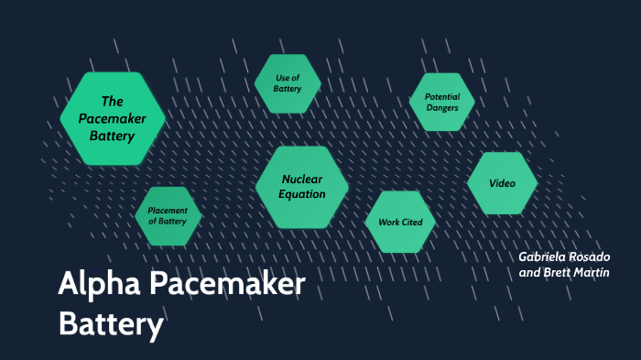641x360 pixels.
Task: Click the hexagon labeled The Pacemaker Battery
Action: (x=113, y=118)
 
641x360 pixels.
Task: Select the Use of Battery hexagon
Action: (x=288, y=83)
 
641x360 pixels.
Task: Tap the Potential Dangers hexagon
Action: (x=441, y=102)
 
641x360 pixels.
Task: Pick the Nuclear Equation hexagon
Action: (x=302, y=186)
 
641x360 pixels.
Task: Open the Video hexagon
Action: (x=502, y=183)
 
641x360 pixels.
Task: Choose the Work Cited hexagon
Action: (x=399, y=222)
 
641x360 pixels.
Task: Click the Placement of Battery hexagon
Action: (x=168, y=215)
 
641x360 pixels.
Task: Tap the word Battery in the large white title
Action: (x=111, y=325)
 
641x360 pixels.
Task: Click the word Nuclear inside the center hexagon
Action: (x=303, y=179)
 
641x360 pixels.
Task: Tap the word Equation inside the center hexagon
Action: (x=302, y=193)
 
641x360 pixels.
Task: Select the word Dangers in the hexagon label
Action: (x=441, y=108)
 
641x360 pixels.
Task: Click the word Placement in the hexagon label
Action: (x=168, y=210)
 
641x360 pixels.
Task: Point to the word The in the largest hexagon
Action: (x=112, y=102)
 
